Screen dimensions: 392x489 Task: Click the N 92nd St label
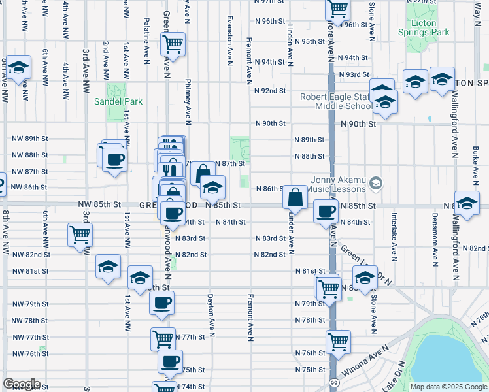click(x=270, y=91)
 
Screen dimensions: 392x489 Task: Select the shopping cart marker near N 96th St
click(x=338, y=8)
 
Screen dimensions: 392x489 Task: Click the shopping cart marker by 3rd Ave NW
click(x=80, y=235)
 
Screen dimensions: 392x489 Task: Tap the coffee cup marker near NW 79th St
click(x=162, y=302)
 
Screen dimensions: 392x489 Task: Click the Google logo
click(x=21, y=384)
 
